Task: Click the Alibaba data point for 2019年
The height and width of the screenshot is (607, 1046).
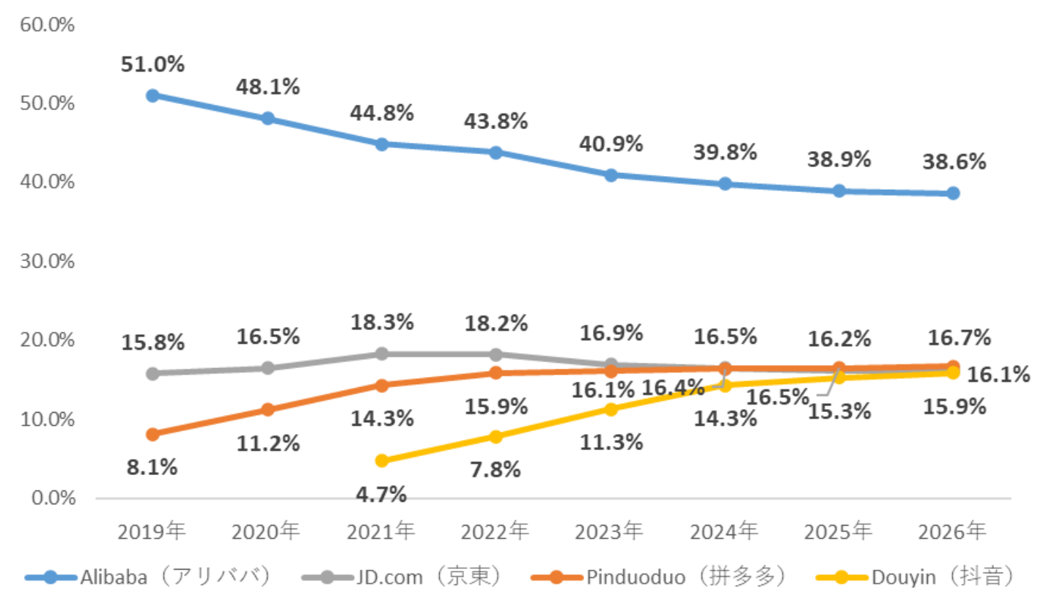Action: click(x=152, y=95)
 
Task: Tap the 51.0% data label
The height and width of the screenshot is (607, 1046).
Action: click(x=152, y=64)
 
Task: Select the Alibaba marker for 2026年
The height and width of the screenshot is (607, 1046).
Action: click(x=953, y=193)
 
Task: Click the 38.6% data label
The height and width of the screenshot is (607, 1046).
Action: click(x=953, y=161)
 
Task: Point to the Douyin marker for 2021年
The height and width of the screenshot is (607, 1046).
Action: click(x=381, y=460)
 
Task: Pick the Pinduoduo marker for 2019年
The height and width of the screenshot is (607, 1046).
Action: click(x=152, y=434)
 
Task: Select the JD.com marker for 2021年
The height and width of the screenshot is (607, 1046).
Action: click(x=381, y=353)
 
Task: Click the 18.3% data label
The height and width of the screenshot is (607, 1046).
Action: click(x=381, y=322)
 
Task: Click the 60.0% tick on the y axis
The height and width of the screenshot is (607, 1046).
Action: click(x=48, y=25)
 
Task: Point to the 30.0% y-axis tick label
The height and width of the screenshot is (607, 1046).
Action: click(x=48, y=262)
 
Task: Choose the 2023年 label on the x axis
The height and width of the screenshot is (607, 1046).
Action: click(x=610, y=529)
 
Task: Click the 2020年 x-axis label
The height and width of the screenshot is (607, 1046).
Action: click(x=267, y=529)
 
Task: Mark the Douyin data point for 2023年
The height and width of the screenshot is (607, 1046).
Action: click(x=610, y=408)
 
